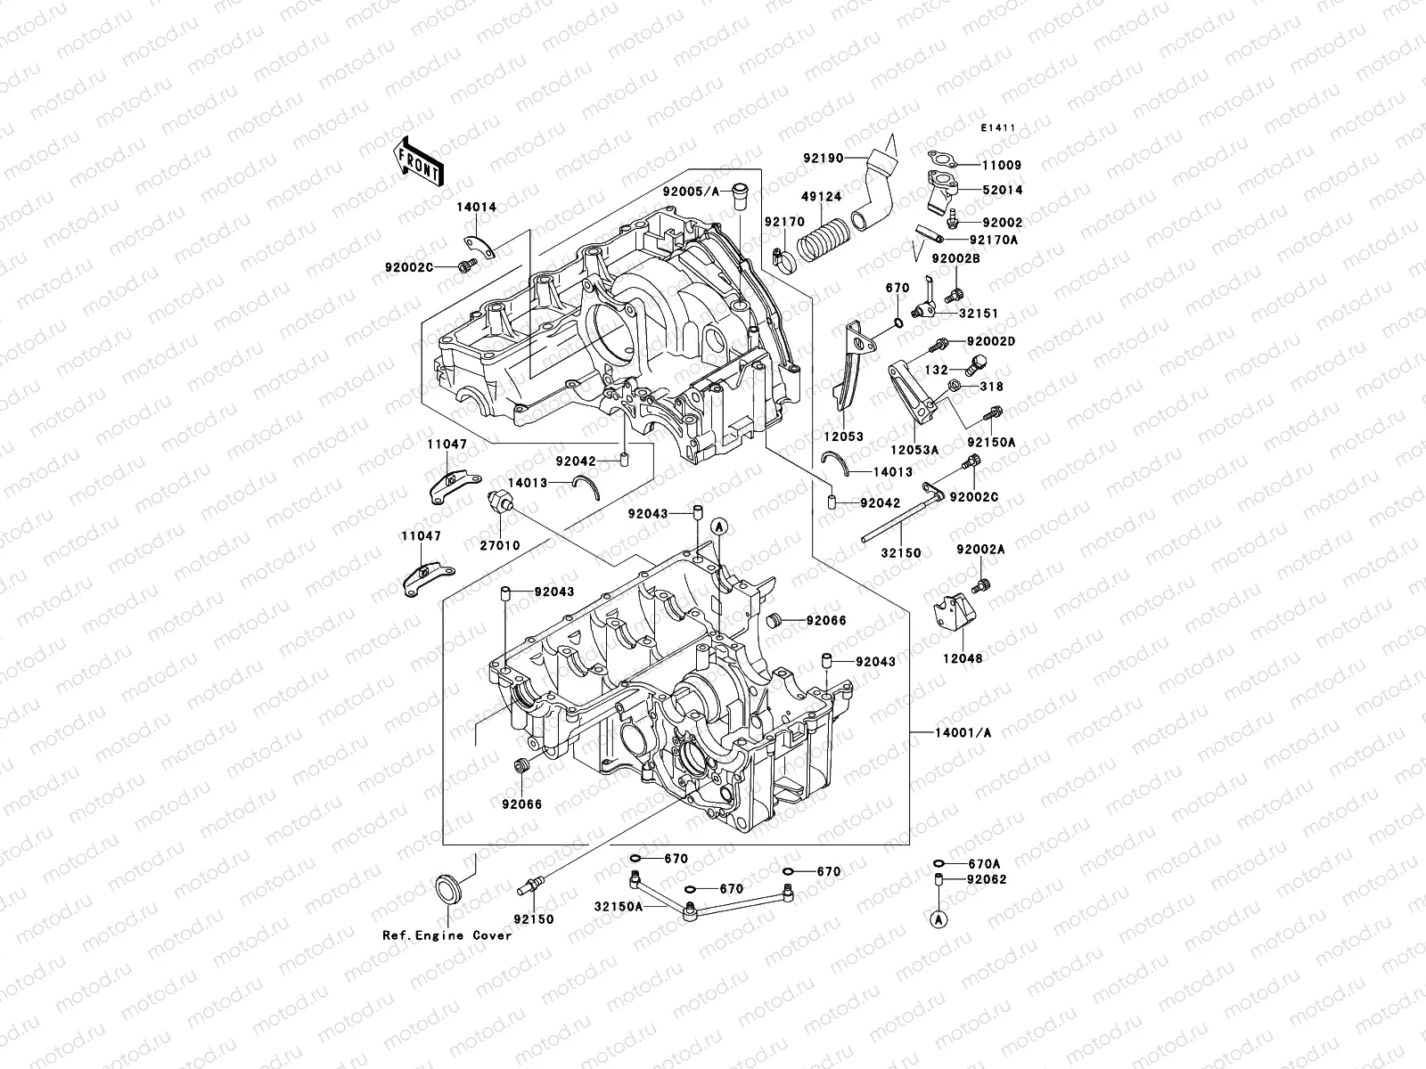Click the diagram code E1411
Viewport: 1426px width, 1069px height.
[998, 128]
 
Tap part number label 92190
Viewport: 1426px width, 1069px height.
[847, 158]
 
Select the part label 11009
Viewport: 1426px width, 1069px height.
[1003, 165]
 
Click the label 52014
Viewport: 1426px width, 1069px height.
[1003, 190]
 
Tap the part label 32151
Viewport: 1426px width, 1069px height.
[979, 314]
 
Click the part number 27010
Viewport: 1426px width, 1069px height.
[501, 545]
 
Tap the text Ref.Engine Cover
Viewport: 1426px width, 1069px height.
[447, 935]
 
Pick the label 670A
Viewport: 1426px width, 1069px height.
[983, 863]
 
